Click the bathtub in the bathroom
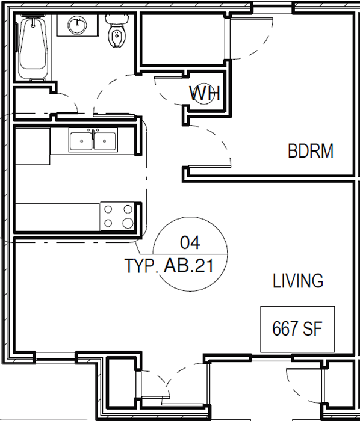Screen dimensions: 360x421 pos(33,48)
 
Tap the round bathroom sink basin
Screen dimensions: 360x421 pos(78,25)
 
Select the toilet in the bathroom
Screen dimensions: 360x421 pos(116,31)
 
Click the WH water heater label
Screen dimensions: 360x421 pos(205,93)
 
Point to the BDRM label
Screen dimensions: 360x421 pos(311,151)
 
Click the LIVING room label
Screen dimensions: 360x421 pos(298,281)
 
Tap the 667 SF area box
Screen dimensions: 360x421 pos(297,329)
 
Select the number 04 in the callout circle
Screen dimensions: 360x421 pos(190,242)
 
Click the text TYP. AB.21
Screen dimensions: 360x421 pos(169,266)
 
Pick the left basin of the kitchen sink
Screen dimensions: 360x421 pos(81,141)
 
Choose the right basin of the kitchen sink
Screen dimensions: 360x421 pos(105,141)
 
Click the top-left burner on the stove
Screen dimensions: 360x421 pos(108,209)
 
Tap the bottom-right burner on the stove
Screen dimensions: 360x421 pos(128,223)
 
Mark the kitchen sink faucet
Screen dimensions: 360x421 pos(93,134)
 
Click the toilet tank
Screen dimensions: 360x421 pos(116,20)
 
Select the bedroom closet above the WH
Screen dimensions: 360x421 pos(182,39)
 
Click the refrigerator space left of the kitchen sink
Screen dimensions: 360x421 pos(33,146)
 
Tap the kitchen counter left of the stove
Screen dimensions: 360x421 pos(58,217)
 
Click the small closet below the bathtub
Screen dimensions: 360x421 pos(33,103)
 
